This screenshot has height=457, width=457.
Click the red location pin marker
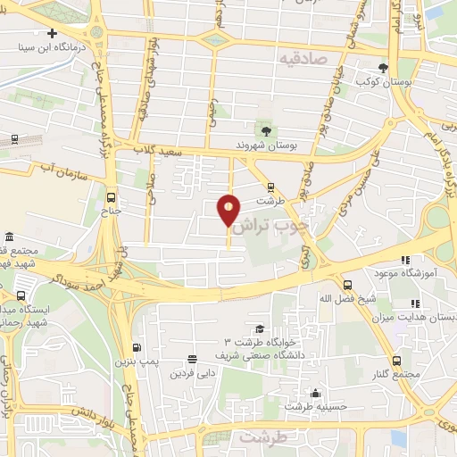click(x=229, y=211)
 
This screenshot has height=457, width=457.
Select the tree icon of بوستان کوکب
click(x=384, y=67)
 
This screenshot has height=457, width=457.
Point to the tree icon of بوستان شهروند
click(x=266, y=130)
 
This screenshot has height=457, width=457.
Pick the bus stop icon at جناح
click(x=111, y=197)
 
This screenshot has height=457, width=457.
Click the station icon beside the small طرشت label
click(x=270, y=187)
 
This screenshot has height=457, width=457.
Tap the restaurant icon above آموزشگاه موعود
click(x=404, y=259)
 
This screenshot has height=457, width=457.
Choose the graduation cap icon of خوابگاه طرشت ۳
click(x=259, y=328)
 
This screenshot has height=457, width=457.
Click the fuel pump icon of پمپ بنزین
click(x=136, y=348)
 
